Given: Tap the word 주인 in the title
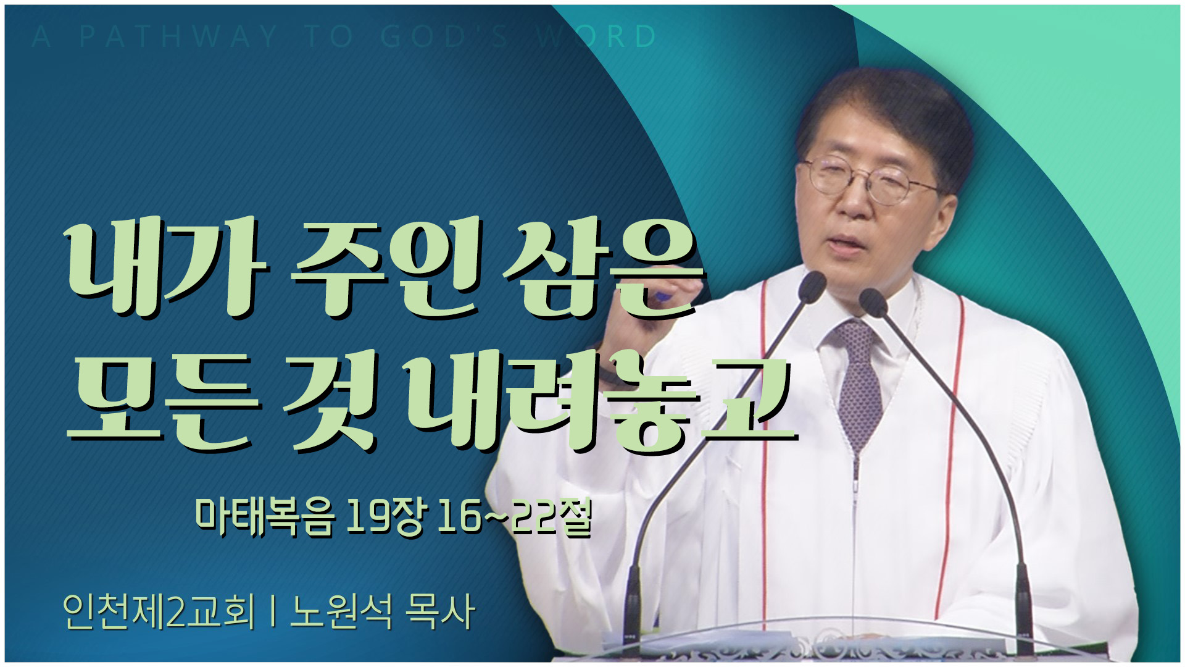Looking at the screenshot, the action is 388,268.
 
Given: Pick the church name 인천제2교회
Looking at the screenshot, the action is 159,611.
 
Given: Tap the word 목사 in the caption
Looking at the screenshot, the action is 440,611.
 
